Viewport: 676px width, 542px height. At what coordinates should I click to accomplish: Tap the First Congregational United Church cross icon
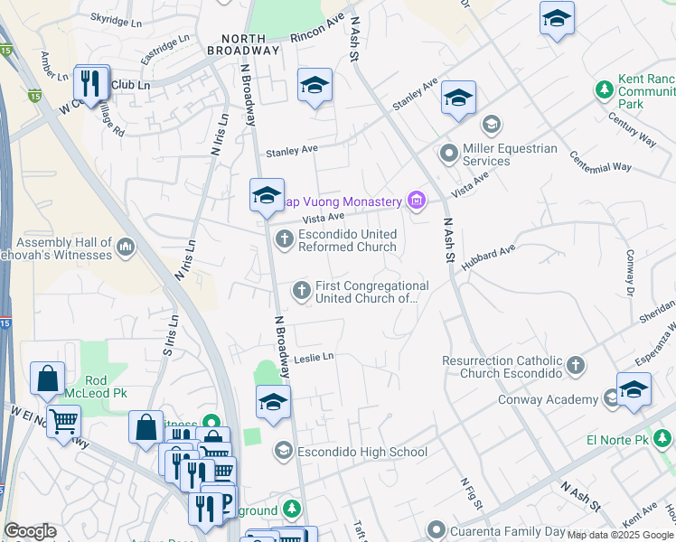click(301, 290)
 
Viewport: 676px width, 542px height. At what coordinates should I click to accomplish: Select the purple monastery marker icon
click(416, 200)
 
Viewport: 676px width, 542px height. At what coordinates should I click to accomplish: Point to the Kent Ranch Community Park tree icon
click(604, 90)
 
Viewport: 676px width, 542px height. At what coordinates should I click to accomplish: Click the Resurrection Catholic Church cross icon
click(575, 366)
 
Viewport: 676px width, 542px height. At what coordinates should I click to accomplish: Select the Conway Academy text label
click(548, 399)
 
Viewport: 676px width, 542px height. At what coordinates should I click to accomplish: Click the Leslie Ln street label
click(314, 357)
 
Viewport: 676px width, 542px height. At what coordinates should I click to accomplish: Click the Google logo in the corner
click(30, 531)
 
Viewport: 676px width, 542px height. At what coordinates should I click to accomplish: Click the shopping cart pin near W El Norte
click(63, 420)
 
